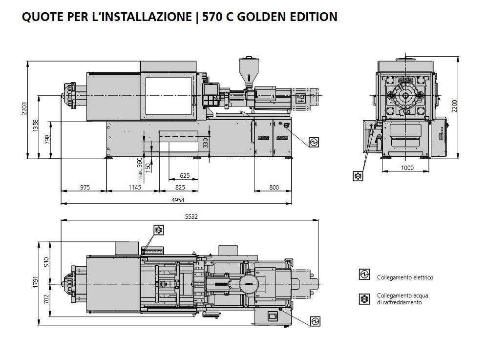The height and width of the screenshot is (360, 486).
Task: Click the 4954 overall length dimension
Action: [178, 200]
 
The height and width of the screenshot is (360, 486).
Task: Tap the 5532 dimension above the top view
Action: [191, 216]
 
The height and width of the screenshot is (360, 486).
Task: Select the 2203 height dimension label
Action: [24, 109]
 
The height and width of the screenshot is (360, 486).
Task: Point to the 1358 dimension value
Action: [36, 126]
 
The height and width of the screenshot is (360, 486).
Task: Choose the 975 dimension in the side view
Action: [85, 187]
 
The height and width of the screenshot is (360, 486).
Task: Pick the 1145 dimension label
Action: [135, 187]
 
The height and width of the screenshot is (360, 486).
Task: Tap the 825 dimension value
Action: [180, 187]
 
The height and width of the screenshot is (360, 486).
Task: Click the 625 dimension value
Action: [185, 176]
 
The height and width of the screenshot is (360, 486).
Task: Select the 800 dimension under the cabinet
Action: [274, 187]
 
